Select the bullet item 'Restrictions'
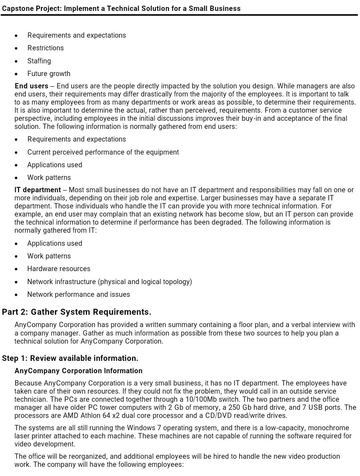[45, 48]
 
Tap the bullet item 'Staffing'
[39, 61]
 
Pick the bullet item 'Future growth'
[49, 74]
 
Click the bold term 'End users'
[31, 86]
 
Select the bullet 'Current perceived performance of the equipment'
[103, 152]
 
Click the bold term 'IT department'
[38, 190]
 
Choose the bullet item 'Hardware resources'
[59, 269]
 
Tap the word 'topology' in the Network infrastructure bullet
[177, 282]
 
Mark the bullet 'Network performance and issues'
[79, 294]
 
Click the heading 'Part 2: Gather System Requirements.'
[76, 312]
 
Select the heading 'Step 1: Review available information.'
[70, 358]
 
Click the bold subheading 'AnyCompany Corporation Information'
[79, 371]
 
